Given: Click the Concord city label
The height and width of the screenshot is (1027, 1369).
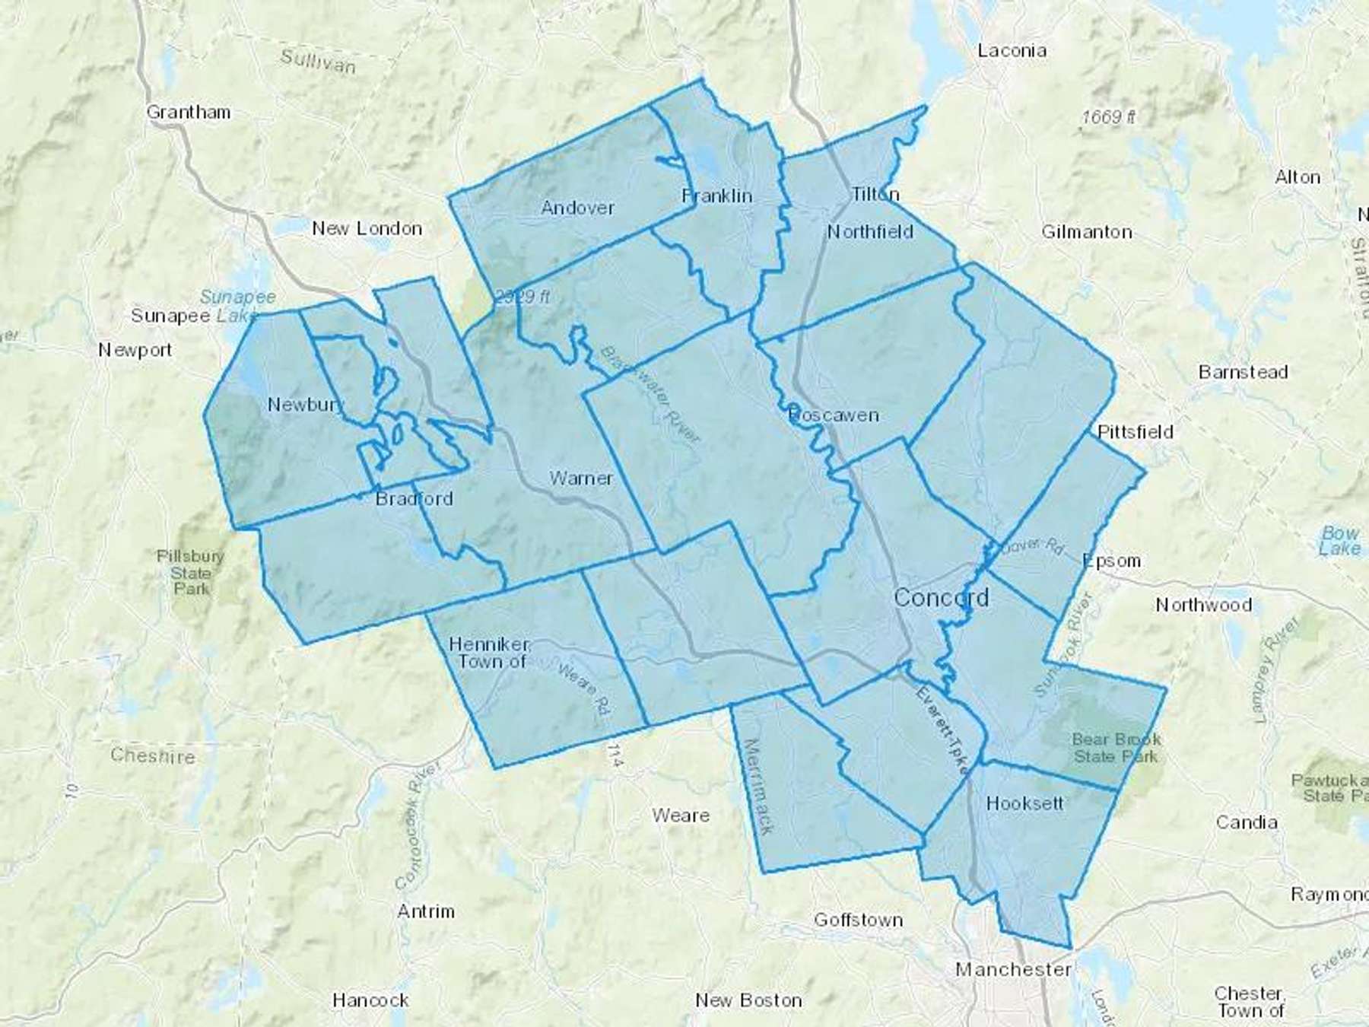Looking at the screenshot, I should coord(942,597).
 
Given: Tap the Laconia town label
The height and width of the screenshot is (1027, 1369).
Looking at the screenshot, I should coord(1012,51).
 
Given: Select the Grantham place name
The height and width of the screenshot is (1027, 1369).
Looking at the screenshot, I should coord(189,113).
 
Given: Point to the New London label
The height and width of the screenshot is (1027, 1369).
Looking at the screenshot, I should coord(367,228).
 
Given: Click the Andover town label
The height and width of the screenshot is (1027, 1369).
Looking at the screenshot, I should coord(578,207).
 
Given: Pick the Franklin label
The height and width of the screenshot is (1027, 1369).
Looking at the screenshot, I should coord(717,196).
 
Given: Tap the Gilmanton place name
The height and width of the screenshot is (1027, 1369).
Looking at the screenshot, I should coord(1087,232).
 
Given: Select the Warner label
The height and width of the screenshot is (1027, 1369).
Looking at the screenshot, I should coord(581,479).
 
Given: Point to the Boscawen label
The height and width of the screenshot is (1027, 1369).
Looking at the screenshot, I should coord(834,415).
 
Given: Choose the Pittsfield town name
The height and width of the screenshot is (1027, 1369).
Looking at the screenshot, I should coord(1136,432).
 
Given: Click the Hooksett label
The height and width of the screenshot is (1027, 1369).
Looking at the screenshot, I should coord(1024,803).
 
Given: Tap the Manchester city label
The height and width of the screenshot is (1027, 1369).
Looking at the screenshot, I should coord(1014,969).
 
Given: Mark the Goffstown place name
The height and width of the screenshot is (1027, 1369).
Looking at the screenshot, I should coord(859,920).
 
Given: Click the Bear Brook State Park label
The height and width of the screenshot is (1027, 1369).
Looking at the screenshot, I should coord(1116,747).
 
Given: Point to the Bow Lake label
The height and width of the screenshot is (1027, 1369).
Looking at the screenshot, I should coord(1339,540).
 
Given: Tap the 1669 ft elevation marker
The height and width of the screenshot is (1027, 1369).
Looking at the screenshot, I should coord(1109,116).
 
